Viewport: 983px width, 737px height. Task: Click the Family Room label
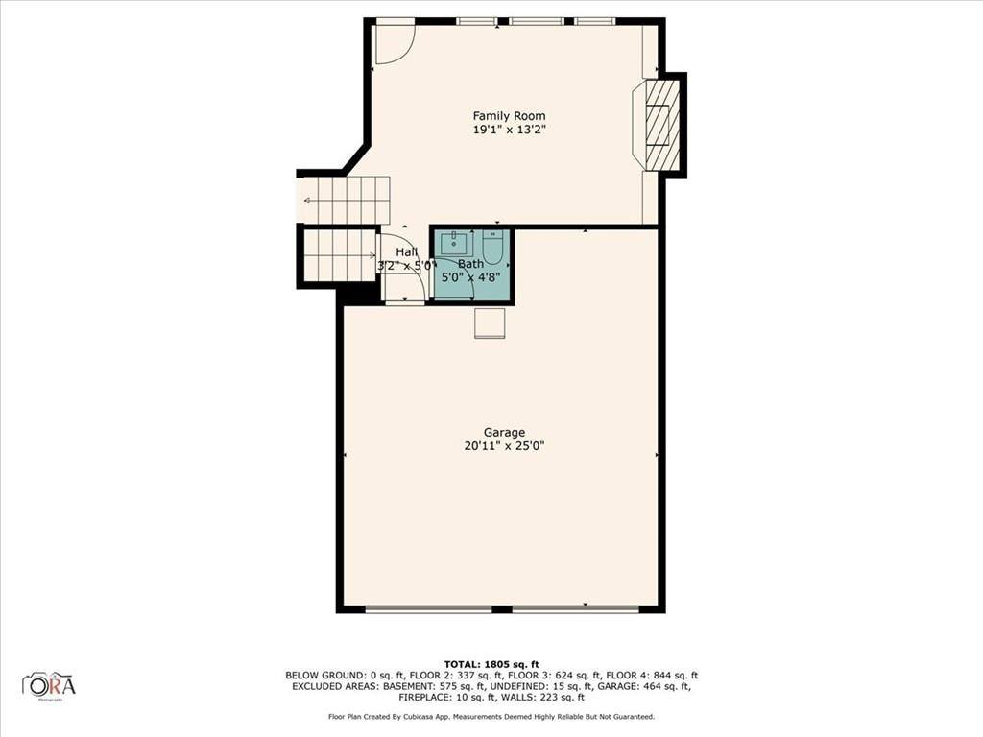[x=509, y=116]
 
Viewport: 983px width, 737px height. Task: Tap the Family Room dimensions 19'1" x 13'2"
[x=509, y=130]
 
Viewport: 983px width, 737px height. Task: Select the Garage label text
[x=504, y=433]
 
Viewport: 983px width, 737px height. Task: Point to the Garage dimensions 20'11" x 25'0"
[x=504, y=445]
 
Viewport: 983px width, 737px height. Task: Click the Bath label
[x=470, y=264]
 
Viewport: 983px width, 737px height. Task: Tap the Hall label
[x=407, y=251]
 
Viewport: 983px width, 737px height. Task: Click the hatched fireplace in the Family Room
[x=660, y=125]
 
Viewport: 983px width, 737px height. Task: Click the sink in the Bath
[x=454, y=243]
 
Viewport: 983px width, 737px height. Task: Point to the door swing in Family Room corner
[x=392, y=43]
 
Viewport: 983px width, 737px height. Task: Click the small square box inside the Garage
[x=490, y=323]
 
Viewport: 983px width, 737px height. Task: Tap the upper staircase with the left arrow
[x=346, y=200]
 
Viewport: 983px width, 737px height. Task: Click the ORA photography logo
[x=49, y=685]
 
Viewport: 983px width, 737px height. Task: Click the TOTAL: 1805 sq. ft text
[x=491, y=664]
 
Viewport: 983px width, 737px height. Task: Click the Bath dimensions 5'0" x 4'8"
[x=470, y=278]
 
